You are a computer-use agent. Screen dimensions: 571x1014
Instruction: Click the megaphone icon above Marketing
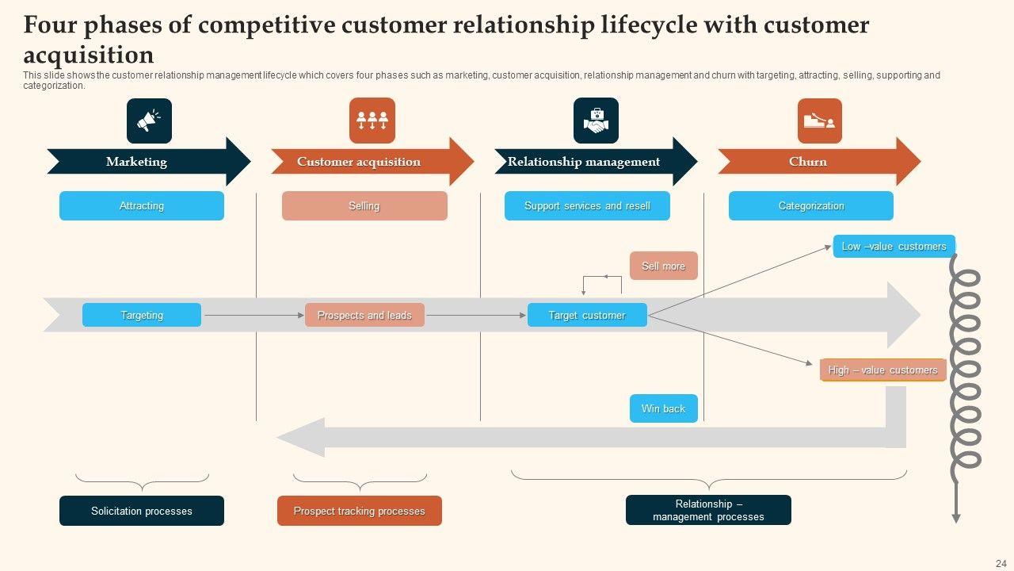pos(149,121)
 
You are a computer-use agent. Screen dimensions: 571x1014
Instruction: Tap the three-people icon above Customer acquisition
pos(372,121)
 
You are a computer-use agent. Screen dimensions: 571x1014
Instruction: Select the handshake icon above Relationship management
pos(596,121)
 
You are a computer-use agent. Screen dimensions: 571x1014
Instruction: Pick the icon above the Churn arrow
pos(819,121)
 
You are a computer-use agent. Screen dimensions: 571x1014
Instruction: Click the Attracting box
pos(142,206)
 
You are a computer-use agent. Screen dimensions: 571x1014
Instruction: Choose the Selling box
pos(364,206)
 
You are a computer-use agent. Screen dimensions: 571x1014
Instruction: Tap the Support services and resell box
pos(587,206)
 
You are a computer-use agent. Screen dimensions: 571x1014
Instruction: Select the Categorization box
pos(811,206)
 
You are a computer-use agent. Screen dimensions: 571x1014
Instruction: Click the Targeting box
pos(142,315)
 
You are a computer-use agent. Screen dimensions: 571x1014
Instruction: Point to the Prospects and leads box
pos(364,315)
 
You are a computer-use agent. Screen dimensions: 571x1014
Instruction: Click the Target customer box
pos(587,315)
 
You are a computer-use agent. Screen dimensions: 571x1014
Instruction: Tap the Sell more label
pos(664,266)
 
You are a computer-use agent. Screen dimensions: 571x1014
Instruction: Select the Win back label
pos(664,408)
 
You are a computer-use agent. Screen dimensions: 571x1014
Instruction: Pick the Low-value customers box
pos(894,246)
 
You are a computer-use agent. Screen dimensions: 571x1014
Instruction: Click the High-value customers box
pos(882,370)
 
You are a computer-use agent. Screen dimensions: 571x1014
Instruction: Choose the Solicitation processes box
pos(142,511)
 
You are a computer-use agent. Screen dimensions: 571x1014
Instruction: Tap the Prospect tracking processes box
pos(360,511)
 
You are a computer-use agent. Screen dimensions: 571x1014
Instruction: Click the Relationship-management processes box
pos(708,510)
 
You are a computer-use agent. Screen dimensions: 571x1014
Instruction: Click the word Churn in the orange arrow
pos(808,162)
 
